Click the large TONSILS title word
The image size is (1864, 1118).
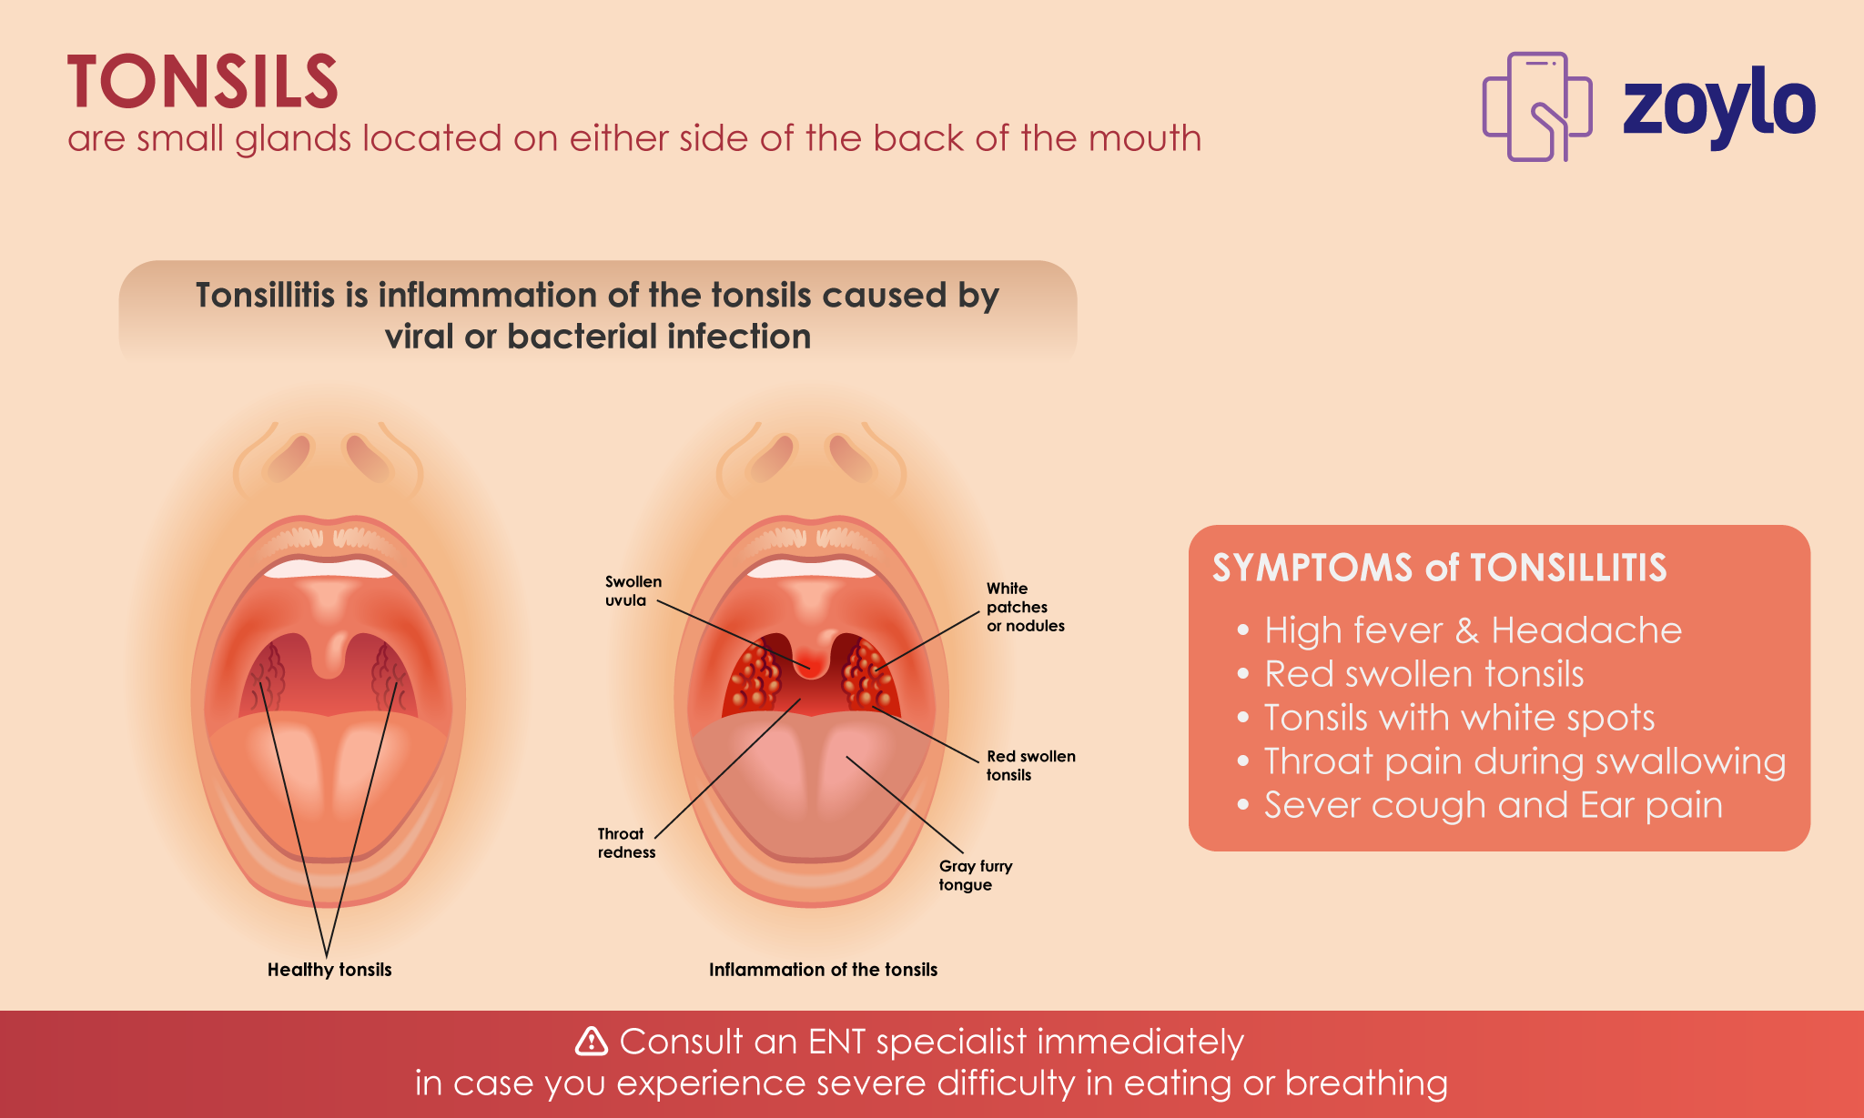[x=202, y=81]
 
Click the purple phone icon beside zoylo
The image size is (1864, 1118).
[x=1537, y=106]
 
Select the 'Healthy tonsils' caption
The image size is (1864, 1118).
[x=329, y=970]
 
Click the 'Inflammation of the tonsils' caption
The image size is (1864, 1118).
[x=823, y=970]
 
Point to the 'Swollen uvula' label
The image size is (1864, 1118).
[x=633, y=590]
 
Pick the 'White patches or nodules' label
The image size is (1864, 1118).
[x=1026, y=607]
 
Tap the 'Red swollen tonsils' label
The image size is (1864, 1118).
[x=1031, y=765]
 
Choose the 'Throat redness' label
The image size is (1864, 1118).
[x=626, y=842]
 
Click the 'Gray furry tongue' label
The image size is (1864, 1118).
[x=976, y=875]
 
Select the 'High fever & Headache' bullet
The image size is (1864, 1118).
[x=1473, y=630]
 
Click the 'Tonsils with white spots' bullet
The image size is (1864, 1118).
[x=1459, y=718]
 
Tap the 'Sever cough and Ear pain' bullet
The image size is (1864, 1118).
[x=1493, y=805]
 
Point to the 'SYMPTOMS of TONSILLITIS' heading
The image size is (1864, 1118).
[x=1439, y=568]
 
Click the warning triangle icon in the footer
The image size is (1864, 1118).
[x=592, y=1041]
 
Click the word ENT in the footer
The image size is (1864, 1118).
[x=836, y=1042]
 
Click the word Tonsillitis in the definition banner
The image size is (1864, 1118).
[x=265, y=295]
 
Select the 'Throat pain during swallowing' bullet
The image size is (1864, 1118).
[x=1525, y=761]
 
